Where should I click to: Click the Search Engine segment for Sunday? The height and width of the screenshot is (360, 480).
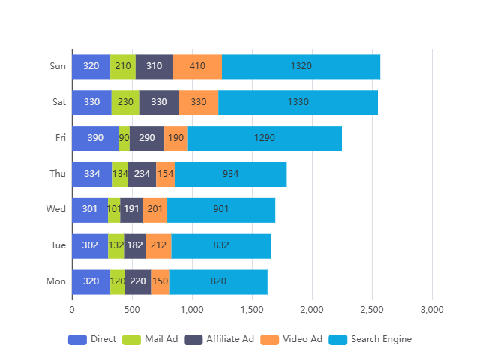[301, 66]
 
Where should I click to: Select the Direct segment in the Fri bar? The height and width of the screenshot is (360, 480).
[95, 138]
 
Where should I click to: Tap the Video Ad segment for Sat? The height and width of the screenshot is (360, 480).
[199, 102]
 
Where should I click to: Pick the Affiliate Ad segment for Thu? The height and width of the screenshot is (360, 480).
[142, 174]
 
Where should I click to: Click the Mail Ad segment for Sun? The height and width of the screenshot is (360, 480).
[123, 66]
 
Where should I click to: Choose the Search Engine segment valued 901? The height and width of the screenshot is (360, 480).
[221, 209]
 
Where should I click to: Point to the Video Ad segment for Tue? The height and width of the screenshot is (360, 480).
[158, 245]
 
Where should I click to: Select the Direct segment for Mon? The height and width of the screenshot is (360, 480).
[91, 281]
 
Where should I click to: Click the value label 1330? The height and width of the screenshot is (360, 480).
[298, 102]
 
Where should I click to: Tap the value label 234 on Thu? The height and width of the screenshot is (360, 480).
[142, 174]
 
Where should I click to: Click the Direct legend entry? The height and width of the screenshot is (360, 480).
[92, 339]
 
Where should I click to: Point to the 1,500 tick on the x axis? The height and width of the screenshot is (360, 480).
[252, 309]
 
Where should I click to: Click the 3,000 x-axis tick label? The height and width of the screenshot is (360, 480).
[432, 309]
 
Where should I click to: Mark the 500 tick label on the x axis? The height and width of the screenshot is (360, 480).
[132, 309]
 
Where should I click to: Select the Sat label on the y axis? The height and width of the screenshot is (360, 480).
[58, 102]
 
